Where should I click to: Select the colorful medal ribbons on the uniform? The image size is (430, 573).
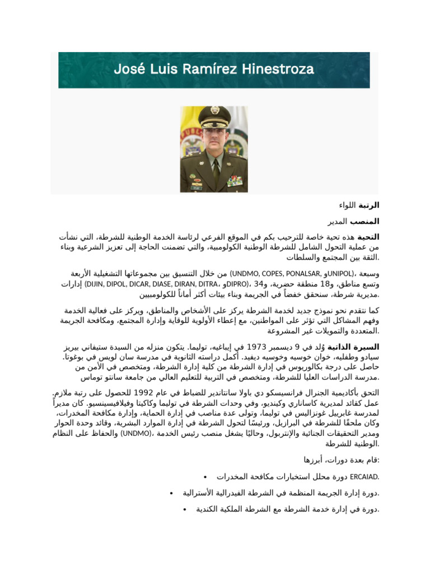[x=235, y=180]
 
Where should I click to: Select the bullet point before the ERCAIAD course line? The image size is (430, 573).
[x=206, y=477]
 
